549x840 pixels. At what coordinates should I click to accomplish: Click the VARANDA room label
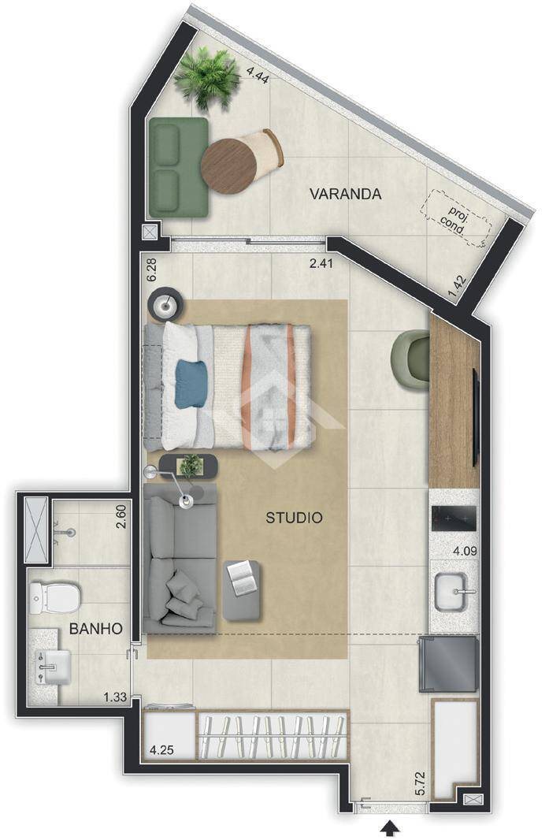click(x=346, y=194)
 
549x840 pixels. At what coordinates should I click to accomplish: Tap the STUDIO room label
click(x=294, y=518)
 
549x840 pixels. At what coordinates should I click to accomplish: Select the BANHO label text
click(x=96, y=628)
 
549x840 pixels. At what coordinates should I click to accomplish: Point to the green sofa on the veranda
click(x=178, y=168)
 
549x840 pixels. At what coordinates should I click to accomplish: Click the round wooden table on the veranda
click(x=229, y=165)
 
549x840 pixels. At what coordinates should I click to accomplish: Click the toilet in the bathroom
click(x=54, y=598)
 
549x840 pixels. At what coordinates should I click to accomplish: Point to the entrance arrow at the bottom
click(x=390, y=831)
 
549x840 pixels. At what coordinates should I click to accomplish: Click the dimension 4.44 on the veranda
click(x=258, y=73)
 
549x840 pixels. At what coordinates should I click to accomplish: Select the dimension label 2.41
click(x=321, y=263)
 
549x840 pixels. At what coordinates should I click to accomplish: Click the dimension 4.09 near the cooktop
click(x=465, y=551)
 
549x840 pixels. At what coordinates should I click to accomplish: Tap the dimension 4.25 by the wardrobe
click(x=161, y=750)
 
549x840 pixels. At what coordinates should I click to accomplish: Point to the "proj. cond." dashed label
click(x=456, y=219)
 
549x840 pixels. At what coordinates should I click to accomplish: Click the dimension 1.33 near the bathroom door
click(x=115, y=697)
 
